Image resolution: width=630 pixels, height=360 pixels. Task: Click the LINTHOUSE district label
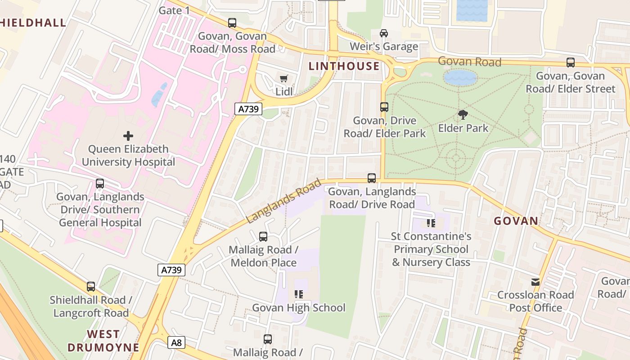344,66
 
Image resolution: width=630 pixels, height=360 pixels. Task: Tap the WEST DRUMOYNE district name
103,341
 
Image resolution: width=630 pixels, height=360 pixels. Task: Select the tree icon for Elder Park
463,115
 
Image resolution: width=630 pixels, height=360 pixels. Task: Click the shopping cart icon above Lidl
283,79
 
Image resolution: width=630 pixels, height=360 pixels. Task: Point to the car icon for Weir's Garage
383,33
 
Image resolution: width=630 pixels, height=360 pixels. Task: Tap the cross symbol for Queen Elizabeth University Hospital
128,135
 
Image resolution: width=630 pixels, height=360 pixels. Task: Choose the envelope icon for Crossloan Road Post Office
535,282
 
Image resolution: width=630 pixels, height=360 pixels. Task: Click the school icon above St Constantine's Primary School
431,223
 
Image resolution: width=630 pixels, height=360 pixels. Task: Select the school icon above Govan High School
299,294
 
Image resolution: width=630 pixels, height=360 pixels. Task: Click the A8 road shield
176,343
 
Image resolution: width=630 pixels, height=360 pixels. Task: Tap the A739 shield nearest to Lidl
248,109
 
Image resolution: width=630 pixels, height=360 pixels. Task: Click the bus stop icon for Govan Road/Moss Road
232,22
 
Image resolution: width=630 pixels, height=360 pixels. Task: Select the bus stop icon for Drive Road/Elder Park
384,107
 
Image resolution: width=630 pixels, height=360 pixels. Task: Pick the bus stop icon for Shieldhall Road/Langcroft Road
91,287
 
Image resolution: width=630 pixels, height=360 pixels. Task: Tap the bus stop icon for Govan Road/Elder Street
571,63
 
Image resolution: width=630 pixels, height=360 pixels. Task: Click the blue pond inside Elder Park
460,78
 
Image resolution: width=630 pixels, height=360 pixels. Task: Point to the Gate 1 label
174,10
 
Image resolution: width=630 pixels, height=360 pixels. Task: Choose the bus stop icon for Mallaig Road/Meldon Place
263,236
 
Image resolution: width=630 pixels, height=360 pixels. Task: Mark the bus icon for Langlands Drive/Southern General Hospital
100,184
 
